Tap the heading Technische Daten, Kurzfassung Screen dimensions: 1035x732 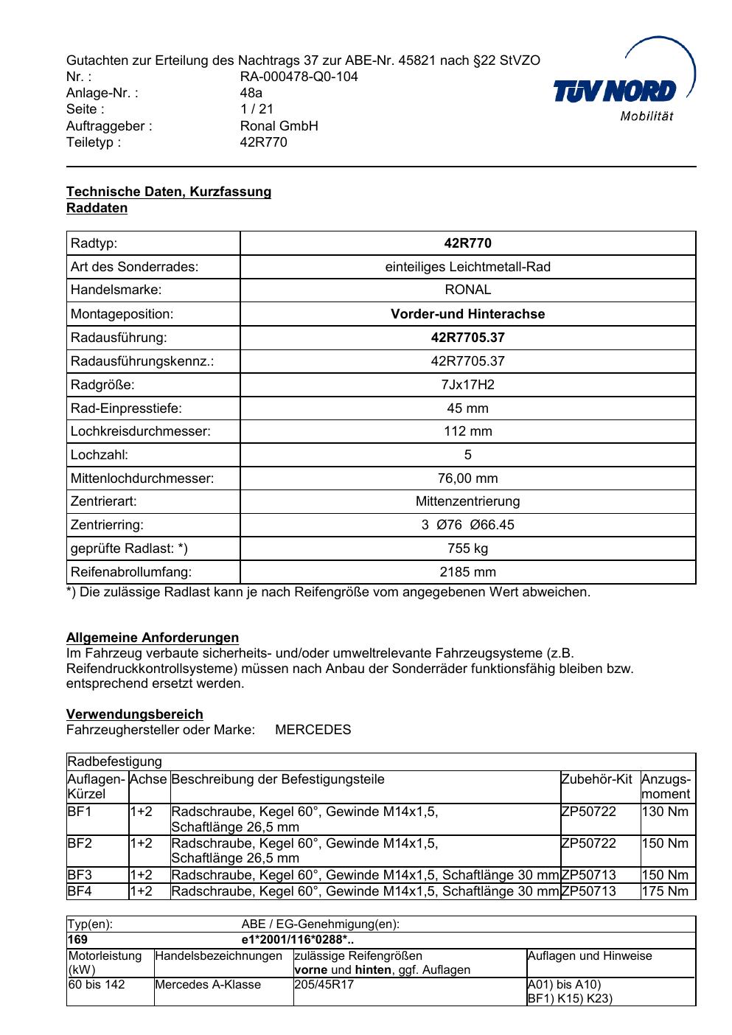click(169, 192)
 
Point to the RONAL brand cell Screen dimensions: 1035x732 click(467, 290)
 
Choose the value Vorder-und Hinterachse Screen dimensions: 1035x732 click(467, 314)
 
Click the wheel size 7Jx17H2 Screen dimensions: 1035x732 click(467, 385)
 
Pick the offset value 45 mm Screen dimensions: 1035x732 click(467, 408)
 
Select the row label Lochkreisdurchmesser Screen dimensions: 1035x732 click(140, 432)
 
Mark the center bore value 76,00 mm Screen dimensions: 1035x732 click(467, 478)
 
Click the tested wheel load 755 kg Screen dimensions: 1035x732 click(467, 548)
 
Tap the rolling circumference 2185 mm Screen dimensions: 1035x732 click(467, 572)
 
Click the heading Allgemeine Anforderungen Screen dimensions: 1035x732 click(153, 638)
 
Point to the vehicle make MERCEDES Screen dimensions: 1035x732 click(313, 730)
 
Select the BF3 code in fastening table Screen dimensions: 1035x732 click(80, 875)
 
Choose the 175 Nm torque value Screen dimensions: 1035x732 click(665, 891)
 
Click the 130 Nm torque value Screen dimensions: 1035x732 click(665, 812)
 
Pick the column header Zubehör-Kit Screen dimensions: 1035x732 click(596, 779)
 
